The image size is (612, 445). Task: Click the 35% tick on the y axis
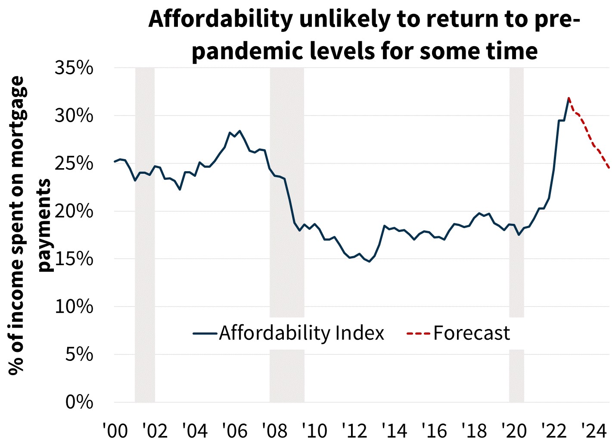pyautogui.click(x=74, y=68)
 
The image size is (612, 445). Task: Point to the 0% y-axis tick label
pyautogui.click(x=79, y=402)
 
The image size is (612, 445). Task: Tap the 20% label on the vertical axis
pyautogui.click(x=74, y=211)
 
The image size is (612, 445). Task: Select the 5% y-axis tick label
pyautogui.click(x=79, y=354)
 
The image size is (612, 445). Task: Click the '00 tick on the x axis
pyautogui.click(x=115, y=430)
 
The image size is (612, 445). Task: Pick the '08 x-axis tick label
pyautogui.click(x=274, y=430)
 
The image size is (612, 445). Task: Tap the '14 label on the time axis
pyautogui.click(x=394, y=430)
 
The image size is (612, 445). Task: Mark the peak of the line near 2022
pyautogui.click(x=569, y=98)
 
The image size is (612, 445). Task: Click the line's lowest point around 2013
pyautogui.click(x=370, y=261)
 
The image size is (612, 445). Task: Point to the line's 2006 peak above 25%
pyautogui.click(x=239, y=131)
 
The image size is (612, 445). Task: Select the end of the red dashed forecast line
pyautogui.click(x=609, y=168)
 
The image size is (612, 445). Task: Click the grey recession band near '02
pyautogui.click(x=145, y=259)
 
